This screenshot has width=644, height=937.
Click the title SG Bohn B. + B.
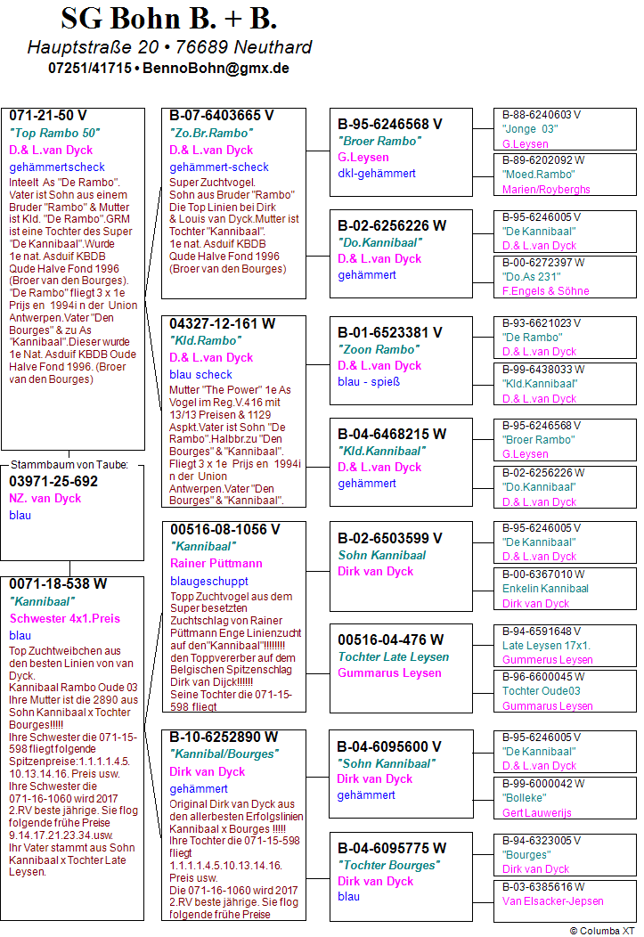pos(169,19)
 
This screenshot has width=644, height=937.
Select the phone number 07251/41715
pos(90,68)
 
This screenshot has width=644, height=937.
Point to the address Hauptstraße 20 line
pos(169,47)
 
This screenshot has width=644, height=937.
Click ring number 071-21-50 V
pos(48,116)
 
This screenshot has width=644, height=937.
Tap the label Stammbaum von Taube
pos(70,465)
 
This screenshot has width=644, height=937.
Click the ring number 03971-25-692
pos(53,482)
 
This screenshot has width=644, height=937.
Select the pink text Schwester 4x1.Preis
pos(64,618)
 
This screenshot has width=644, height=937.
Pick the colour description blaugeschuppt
pos(209,581)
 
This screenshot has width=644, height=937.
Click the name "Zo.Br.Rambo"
pos(211,133)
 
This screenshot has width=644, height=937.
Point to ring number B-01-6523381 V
pos(390,332)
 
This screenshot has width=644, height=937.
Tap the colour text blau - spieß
pos(369,382)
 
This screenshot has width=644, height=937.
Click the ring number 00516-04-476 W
pos(391,639)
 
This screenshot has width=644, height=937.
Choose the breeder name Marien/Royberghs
pos(546,190)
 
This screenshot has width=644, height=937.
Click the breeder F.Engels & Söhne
pos(545,291)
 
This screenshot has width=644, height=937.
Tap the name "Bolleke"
pos(525,798)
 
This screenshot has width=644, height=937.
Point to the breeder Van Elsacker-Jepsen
pos(552,901)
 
